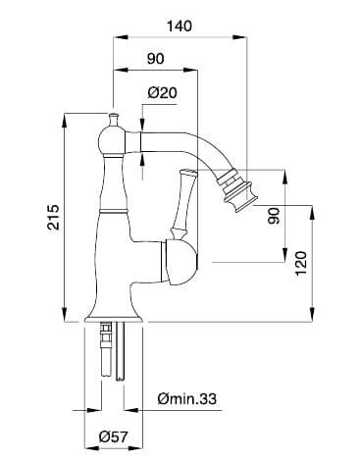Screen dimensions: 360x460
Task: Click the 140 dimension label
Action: tap(180, 26)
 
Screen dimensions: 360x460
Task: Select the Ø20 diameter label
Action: tap(162, 92)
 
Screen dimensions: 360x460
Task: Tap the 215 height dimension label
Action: tap(53, 217)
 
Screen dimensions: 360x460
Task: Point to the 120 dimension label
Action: tap(301, 263)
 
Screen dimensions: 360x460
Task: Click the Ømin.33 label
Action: tap(187, 399)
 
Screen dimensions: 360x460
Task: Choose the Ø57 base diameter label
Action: tap(113, 436)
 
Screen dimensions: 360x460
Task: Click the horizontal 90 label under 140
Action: tap(155, 59)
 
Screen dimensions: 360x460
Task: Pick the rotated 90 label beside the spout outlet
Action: tap(274, 215)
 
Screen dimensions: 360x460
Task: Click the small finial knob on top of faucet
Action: tap(113, 120)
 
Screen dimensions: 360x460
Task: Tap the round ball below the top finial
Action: tap(112, 141)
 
